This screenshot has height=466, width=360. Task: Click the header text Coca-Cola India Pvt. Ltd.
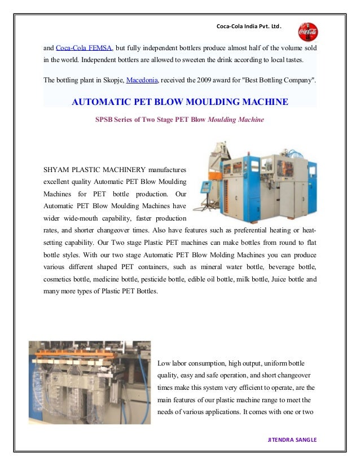[249, 27]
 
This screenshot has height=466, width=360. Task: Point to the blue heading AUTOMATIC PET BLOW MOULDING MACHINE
[180, 102]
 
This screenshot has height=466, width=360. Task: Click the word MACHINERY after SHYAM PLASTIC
[129, 169]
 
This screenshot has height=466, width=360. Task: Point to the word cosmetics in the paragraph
[59, 279]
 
